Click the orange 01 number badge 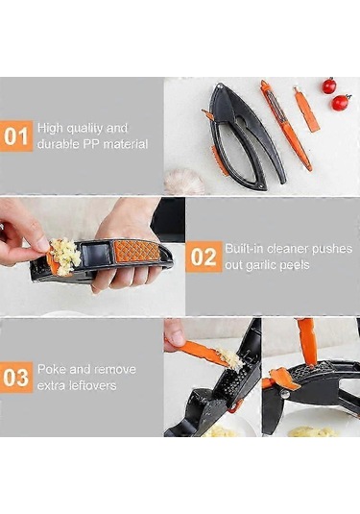click(16, 136)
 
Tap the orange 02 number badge click(204, 257)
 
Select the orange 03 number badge click(16, 378)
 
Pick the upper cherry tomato click(329, 86)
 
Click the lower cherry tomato click(341, 103)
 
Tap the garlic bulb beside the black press click(184, 182)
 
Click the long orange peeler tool click(286, 124)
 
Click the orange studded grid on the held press click(136, 251)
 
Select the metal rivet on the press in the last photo click(285, 394)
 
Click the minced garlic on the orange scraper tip click(230, 358)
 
